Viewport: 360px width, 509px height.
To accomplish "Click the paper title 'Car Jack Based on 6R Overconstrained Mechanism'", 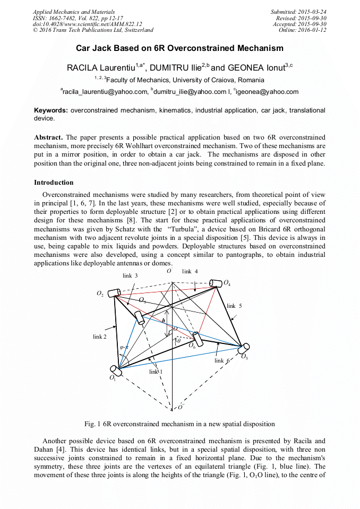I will (179, 48).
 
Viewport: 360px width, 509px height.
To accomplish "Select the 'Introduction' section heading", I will (54, 183).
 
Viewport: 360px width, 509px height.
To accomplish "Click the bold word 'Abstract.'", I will (48, 137).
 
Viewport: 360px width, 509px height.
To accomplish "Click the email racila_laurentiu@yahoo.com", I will (104, 92).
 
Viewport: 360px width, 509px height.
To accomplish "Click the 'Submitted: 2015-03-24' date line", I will (299, 12).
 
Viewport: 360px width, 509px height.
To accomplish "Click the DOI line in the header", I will (88, 24).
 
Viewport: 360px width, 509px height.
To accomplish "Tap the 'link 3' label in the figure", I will (130, 275).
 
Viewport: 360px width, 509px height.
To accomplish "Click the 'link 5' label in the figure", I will (234, 306).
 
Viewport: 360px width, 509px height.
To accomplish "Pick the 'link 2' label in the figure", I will (100, 337).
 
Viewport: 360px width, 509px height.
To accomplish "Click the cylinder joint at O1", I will (115, 369).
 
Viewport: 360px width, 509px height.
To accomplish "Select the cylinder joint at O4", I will (216, 283).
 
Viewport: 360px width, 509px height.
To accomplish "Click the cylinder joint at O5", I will (244, 349).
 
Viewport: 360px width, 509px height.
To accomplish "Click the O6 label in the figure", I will (192, 346).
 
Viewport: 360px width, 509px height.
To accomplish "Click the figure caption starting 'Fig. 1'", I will (179, 424).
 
